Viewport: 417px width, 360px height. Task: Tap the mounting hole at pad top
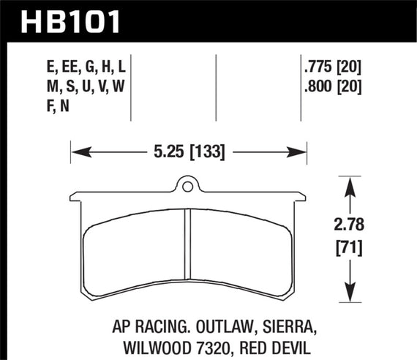click(187, 187)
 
